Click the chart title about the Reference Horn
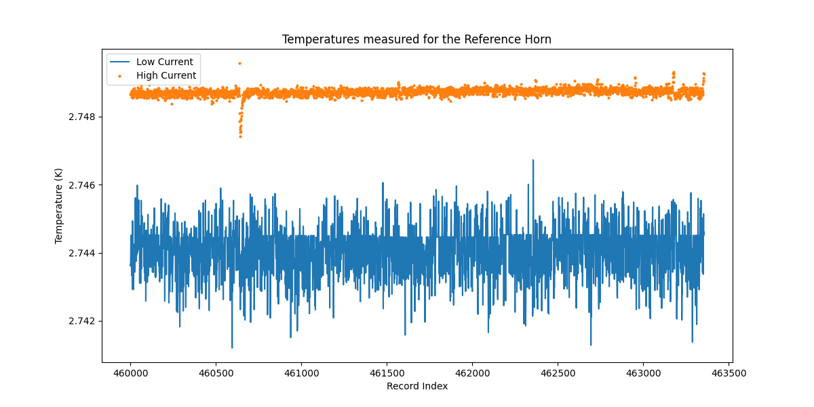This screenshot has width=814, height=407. pos(416,39)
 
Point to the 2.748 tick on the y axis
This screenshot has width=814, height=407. pos(82,117)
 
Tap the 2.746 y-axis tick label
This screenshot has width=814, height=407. pos(82,185)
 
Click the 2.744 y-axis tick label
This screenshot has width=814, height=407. pos(82,253)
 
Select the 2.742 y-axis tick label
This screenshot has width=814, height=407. pos(82,321)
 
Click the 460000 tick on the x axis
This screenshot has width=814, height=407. pos(130,372)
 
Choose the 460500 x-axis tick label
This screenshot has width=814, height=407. pos(216,372)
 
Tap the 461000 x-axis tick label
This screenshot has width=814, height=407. pos(301,372)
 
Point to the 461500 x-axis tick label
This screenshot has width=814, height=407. pos(387,372)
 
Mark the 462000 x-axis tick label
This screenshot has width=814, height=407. pos(472,372)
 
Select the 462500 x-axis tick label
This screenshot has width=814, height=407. pos(558,372)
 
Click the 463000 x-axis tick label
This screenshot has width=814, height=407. pos(643,372)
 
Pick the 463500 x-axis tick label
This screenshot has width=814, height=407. pos(729,372)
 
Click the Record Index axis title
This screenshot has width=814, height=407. pos(416,386)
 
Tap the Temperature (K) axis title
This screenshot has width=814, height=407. pos(59,206)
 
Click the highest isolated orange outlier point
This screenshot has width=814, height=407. pos(239,63)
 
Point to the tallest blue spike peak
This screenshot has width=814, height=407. pos(533,160)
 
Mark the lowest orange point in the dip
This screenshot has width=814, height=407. pos(240,136)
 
